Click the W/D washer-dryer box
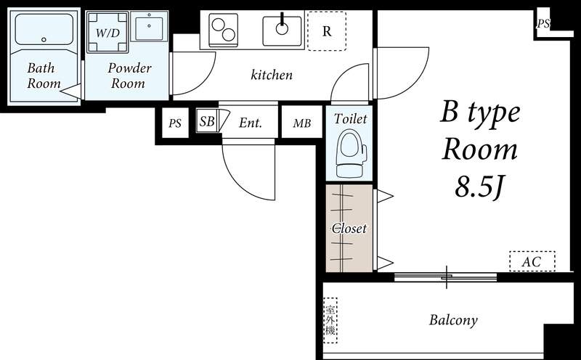(x=107, y=33)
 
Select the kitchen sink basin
(x=282, y=29)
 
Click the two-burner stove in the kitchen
(x=224, y=29)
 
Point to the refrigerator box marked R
(x=326, y=30)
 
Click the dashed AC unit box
(x=532, y=261)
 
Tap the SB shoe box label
(x=206, y=122)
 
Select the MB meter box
(x=301, y=123)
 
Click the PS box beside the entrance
(x=175, y=123)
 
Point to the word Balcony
(x=452, y=320)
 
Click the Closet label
(x=349, y=228)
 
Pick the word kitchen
(x=272, y=75)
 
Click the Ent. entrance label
(x=250, y=123)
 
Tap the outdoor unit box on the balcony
(x=330, y=320)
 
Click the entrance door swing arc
(x=249, y=171)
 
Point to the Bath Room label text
(x=44, y=75)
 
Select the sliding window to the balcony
(x=446, y=277)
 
